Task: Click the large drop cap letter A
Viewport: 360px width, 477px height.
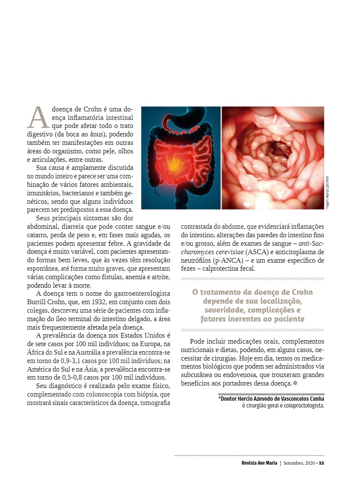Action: (x=38, y=117)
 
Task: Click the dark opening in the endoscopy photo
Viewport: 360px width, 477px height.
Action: (x=279, y=148)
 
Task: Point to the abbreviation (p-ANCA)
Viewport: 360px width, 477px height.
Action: (x=234, y=260)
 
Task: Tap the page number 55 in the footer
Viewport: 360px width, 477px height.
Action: (x=321, y=463)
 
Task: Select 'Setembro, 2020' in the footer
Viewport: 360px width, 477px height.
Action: (x=299, y=463)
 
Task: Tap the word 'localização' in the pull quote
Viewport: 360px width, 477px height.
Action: (x=278, y=301)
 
